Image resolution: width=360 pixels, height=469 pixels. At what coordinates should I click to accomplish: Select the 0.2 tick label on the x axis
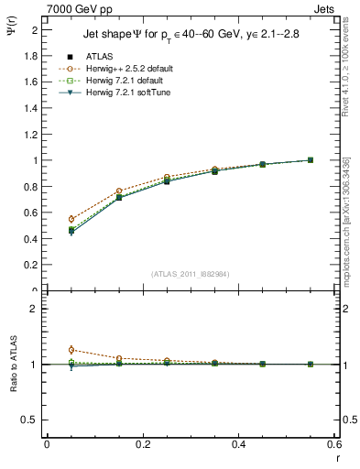(x=142, y=444)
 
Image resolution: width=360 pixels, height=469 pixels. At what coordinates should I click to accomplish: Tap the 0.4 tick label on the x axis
(x=238, y=444)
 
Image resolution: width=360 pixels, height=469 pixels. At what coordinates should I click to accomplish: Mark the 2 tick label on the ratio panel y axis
(x=36, y=309)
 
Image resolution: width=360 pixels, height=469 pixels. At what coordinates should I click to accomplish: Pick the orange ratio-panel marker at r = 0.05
(x=71, y=350)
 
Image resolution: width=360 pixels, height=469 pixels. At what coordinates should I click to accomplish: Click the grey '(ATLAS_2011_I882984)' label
(x=191, y=273)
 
